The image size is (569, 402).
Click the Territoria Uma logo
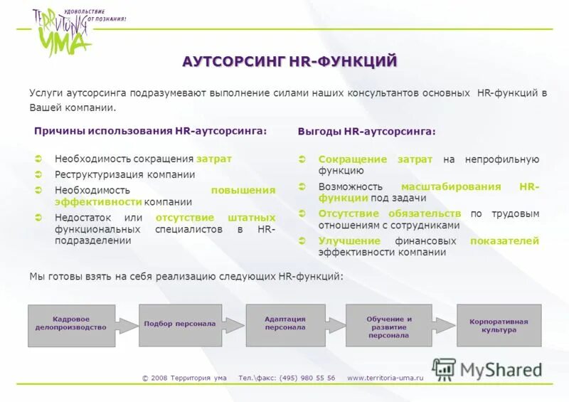[63, 32]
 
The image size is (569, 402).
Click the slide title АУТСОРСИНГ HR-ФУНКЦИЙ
[289, 61]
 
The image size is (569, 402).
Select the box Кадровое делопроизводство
[71, 325]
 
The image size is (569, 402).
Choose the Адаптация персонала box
[284, 324]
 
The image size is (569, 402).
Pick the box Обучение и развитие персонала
[388, 326]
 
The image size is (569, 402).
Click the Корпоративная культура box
[499, 325]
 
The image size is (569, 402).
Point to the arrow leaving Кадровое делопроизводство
[126, 325]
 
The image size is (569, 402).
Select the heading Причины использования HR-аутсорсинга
[151, 131]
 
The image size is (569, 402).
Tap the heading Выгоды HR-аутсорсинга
[366, 132]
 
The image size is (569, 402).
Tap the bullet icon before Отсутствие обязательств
[302, 213]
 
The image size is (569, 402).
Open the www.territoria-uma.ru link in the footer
[385, 378]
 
